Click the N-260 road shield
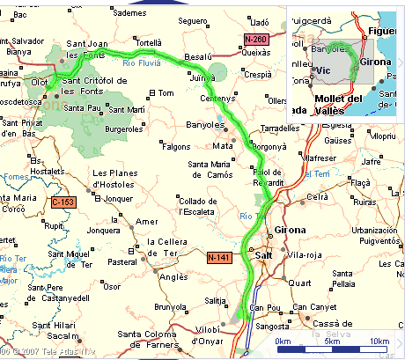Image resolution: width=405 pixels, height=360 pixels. [256, 40]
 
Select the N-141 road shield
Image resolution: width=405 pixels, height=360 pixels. [219, 256]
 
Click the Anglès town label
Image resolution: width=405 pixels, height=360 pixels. [178, 275]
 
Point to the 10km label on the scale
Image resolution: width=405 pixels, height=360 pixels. [379, 342]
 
